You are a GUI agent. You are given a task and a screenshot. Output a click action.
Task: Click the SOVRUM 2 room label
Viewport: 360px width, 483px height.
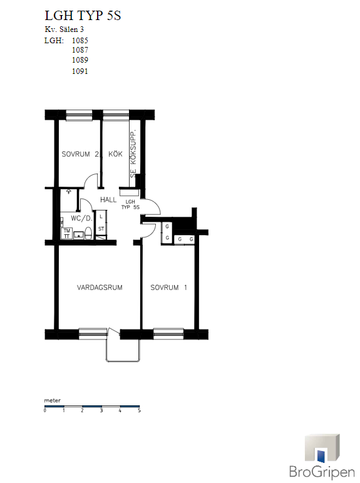[80, 154]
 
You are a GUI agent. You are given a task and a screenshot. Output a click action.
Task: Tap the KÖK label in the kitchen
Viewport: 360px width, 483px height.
[115, 153]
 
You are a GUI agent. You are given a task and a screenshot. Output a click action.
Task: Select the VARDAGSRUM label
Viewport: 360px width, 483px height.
[100, 288]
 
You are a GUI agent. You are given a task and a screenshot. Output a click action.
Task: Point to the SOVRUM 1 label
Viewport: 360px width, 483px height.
[169, 288]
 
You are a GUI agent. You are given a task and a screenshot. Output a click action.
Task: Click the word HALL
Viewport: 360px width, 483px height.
[108, 200]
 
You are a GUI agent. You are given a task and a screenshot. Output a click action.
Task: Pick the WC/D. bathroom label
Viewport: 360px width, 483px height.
[81, 219]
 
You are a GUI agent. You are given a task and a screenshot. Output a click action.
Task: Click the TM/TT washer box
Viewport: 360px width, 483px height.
[67, 233]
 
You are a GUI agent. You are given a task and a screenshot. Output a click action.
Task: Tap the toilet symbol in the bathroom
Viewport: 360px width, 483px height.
[88, 234]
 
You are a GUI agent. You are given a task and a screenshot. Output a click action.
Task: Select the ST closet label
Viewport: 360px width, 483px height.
[101, 229]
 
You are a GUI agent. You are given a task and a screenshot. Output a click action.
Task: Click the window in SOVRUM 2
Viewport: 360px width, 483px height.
[79, 115]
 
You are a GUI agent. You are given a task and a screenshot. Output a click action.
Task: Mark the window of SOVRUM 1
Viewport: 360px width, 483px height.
[168, 334]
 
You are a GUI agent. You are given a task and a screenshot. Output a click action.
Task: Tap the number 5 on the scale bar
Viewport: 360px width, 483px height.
[139, 410]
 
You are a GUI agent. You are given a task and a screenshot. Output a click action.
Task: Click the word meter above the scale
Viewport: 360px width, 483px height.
[53, 400]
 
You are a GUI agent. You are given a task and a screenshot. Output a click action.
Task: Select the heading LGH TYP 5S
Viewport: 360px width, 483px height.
[83, 16]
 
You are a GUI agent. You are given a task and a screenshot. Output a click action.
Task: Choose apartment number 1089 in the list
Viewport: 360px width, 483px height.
[80, 60]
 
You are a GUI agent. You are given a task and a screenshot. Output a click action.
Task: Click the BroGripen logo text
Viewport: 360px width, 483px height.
[322, 472]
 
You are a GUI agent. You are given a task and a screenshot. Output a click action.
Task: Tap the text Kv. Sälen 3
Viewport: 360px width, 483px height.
[64, 29]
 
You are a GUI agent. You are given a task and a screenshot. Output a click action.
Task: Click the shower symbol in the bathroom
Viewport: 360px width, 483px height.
[69, 192]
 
